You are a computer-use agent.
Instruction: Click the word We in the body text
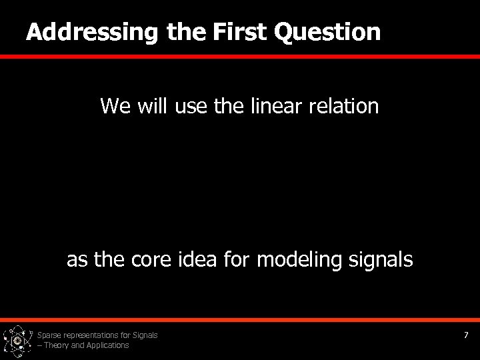pyautogui.click(x=115, y=105)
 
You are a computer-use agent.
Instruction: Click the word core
pyautogui.click(x=152, y=259)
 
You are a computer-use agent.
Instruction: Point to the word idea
pyautogui.click(x=197, y=259)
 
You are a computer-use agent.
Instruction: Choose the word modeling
pyautogui.click(x=299, y=259)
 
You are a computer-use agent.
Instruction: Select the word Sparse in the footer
pyautogui.click(x=51, y=335)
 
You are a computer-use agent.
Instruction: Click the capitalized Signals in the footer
pyautogui.click(x=145, y=335)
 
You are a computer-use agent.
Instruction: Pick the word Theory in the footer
pyautogui.click(x=57, y=345)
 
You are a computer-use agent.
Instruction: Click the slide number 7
pyautogui.click(x=467, y=335)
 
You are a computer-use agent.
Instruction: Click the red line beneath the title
pyautogui.click(x=240, y=57)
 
